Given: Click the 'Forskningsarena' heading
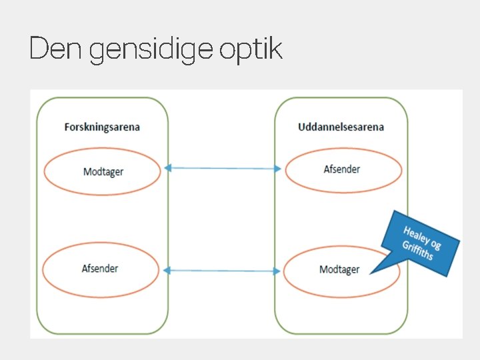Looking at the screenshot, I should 102,127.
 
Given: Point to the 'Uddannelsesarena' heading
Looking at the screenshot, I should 341,127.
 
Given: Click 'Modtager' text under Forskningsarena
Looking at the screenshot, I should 103,171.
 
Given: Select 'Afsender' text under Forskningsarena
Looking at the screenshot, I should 100,268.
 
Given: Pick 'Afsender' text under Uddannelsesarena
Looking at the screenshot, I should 342,169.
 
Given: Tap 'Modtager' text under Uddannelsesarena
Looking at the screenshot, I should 339,269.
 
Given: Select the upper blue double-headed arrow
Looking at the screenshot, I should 223,168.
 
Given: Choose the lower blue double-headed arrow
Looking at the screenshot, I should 223,270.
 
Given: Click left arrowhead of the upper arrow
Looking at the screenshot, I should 168,168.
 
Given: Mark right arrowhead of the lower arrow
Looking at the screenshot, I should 277,271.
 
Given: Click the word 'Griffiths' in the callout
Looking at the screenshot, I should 418,250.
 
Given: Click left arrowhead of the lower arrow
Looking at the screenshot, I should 167,270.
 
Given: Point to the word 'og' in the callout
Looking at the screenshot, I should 436,245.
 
